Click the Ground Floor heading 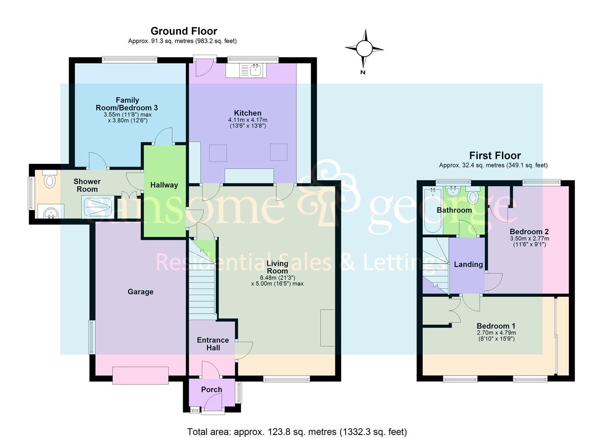(184, 31)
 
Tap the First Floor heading (495, 155)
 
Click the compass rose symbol (364, 49)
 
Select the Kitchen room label (247, 113)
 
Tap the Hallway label (164, 185)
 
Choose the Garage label (140, 292)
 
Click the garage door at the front (140, 375)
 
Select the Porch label (212, 389)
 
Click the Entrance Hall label (213, 344)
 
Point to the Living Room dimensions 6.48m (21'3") (277, 277)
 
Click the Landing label (468, 264)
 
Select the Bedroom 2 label (529, 232)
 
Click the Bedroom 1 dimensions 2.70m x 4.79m (496, 333)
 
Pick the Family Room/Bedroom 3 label (127, 104)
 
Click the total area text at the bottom (297, 432)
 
